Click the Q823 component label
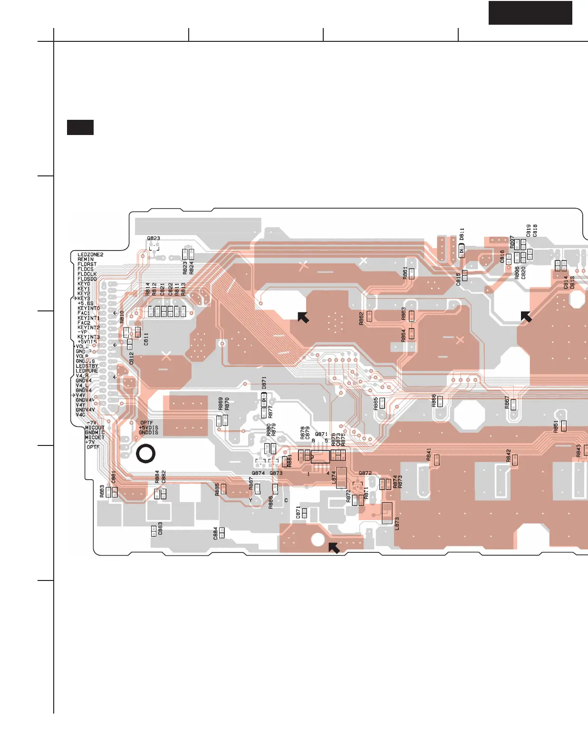pos(154,238)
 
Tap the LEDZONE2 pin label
pos(90,255)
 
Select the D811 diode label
pos(462,234)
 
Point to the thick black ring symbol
pos(145,454)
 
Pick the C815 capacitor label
pos(458,279)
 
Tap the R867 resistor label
pos(507,403)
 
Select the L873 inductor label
pos(397,523)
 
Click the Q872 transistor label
pos(365,473)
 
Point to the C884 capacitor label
pos(215,533)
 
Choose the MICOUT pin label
pos(95,428)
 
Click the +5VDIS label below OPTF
pos(148,427)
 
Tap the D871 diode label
pos(264,383)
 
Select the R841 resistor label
pos(429,454)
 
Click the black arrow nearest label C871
pos(334,548)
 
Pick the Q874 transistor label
pos(258,473)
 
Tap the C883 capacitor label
pos(160,529)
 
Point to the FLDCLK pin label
pos(87,274)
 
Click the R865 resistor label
pos(376,404)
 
